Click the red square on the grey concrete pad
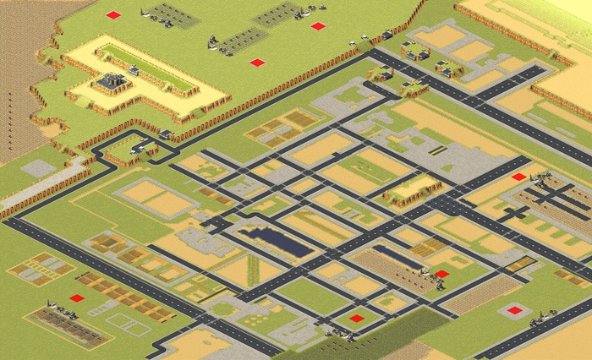click(515, 310)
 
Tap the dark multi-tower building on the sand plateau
click(111, 83)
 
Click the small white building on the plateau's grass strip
click(134, 72)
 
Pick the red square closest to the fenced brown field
click(77, 297)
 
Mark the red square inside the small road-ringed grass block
click(357, 319)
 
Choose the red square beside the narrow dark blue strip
click(441, 274)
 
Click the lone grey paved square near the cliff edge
click(38, 168)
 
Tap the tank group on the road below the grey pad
click(541, 322)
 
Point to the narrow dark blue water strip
click(397, 257)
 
